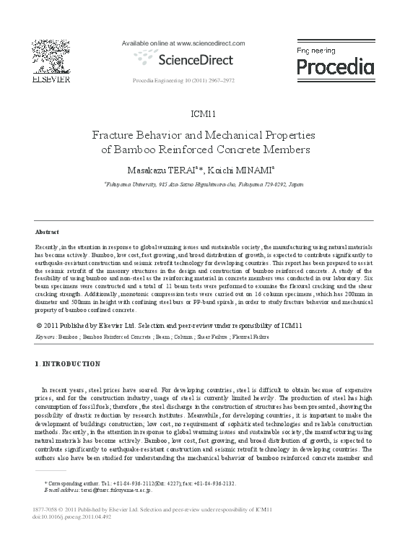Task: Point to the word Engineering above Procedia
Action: (x=317, y=51)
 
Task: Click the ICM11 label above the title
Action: (x=202, y=114)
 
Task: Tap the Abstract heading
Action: (x=47, y=232)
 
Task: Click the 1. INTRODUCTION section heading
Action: (x=68, y=364)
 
